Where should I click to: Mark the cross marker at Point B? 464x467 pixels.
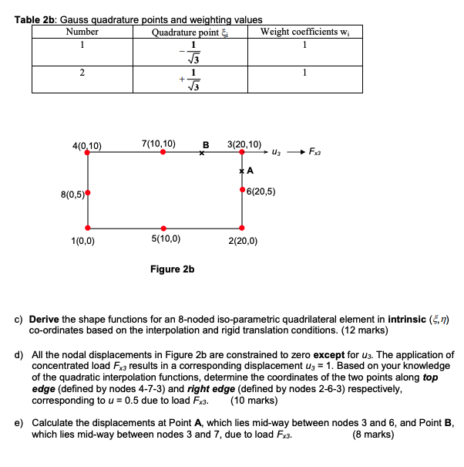(202, 153)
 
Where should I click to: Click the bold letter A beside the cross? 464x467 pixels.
(250, 171)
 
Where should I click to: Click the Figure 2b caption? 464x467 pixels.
(173, 269)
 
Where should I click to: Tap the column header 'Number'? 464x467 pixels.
(82, 32)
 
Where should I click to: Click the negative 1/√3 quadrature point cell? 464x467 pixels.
(187, 51)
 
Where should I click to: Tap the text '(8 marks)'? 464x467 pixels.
(373, 434)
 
